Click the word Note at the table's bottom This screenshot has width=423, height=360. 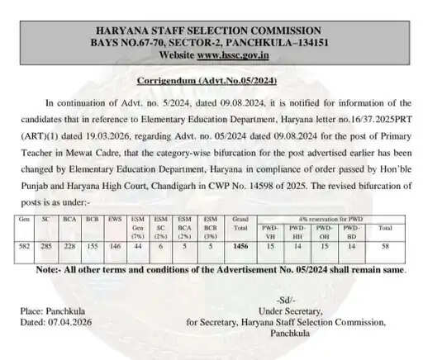coord(51,269)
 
